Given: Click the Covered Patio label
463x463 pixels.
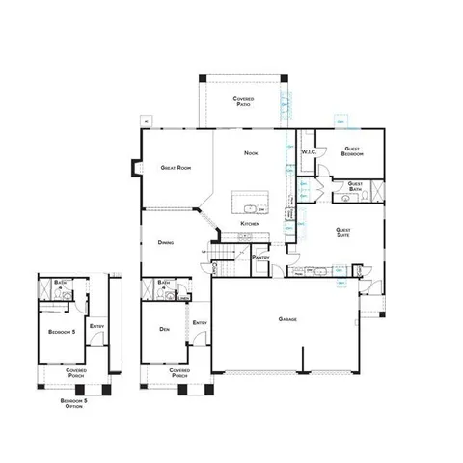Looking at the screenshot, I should coord(242,101).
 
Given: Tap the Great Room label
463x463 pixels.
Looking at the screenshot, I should coord(176,168).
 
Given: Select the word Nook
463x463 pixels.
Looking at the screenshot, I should coord(251,152).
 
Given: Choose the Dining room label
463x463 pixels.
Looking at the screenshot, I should coord(166,242).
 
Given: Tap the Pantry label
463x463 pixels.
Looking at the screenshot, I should coord(259,258).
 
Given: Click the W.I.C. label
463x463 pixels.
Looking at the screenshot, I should coord(310,152).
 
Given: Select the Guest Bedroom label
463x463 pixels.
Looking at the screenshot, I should coord(352,151).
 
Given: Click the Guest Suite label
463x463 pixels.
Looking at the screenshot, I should coord(342,231).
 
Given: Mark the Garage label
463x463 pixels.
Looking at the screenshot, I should coord(287,319).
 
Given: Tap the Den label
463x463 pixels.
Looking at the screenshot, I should coord(165,330).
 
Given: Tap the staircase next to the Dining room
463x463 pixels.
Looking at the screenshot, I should coord(221,256).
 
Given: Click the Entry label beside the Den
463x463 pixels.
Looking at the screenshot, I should coord(200,322).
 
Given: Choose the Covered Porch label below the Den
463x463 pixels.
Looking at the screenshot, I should coord(177,371).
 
